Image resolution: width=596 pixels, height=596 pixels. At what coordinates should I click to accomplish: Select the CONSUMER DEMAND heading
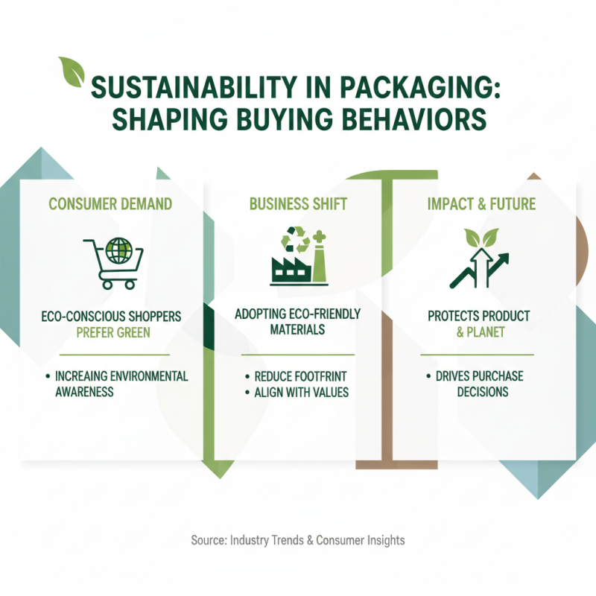110,203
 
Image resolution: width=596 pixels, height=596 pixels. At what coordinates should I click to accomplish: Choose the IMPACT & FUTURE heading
481,203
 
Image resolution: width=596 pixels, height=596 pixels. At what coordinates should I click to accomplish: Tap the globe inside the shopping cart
118,251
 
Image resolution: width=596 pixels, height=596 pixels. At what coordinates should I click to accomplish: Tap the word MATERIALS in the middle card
297,329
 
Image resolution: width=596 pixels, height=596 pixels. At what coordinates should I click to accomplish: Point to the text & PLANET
480,332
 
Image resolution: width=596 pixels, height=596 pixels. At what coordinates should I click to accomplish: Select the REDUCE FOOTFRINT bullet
297,376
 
